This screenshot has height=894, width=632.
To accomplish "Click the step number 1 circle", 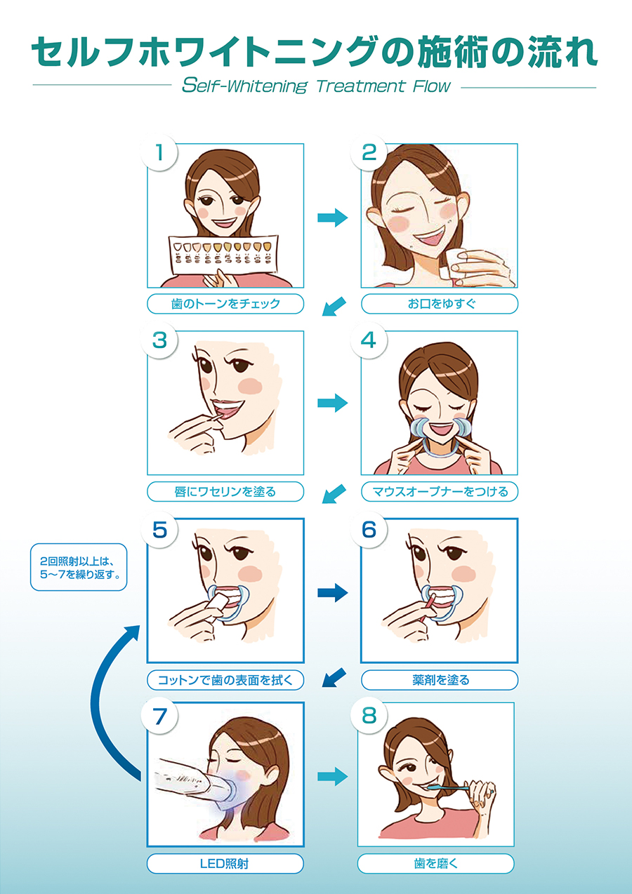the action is click(x=159, y=152).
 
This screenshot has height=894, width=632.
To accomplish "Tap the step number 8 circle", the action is click(x=369, y=716).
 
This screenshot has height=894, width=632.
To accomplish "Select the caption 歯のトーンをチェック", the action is click(x=225, y=304).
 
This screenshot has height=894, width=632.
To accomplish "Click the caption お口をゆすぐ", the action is click(x=440, y=304).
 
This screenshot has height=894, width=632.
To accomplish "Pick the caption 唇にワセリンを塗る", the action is click(x=225, y=491).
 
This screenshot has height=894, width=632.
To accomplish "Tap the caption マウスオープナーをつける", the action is click(x=440, y=491).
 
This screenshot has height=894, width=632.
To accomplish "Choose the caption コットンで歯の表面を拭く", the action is click(x=225, y=680).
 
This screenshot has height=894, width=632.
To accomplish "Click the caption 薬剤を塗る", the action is click(x=440, y=680).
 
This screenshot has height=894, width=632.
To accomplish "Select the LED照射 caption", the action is click(x=225, y=864).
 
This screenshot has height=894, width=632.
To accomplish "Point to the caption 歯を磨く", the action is click(x=435, y=864).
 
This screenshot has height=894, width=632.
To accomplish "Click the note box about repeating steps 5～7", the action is click(x=79, y=567).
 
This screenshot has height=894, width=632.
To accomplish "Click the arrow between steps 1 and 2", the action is click(x=332, y=218).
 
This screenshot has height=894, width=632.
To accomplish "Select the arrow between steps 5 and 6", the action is click(x=332, y=593).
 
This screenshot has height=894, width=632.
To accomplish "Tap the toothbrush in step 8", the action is click(x=448, y=787).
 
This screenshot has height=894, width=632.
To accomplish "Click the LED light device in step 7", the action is click(x=196, y=782).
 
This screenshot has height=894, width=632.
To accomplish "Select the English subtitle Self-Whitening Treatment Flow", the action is click(x=316, y=86).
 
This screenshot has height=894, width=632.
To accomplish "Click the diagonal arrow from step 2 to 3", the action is click(x=334, y=306).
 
